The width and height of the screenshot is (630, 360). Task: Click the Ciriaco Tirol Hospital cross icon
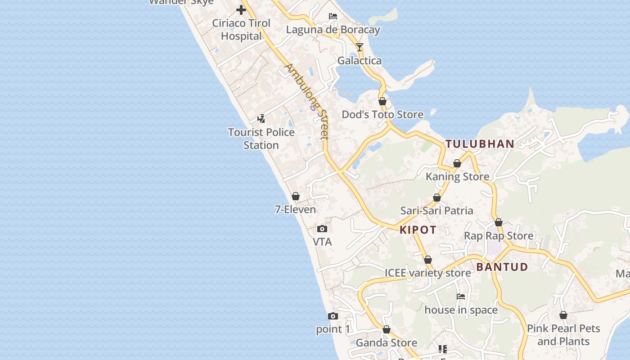[241, 9]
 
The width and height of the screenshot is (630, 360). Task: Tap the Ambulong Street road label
[307, 101]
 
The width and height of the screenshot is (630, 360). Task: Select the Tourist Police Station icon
[261, 119]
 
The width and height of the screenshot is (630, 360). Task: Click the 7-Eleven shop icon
[296, 196]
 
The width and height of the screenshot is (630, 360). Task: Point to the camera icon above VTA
[322, 229]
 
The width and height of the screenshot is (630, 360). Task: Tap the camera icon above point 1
[333, 316]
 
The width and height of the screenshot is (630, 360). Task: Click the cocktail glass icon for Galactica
[359, 47]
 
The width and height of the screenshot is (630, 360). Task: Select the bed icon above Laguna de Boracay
[333, 17]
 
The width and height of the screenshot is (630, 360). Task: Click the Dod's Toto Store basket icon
[382, 101]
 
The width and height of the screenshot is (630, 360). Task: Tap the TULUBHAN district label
[480, 144]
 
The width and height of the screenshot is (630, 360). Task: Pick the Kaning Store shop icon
[457, 163]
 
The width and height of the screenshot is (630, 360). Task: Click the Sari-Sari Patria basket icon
[436, 198]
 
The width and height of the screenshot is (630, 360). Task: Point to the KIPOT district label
[418, 230]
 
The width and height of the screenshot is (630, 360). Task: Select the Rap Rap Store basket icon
[499, 222]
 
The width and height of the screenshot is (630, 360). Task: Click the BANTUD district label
[502, 267]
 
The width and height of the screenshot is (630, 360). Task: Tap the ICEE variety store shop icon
[428, 260]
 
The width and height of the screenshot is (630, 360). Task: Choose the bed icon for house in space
[461, 297]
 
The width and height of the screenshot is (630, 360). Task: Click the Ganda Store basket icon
[387, 330]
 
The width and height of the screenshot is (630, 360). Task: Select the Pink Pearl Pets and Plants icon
[563, 315]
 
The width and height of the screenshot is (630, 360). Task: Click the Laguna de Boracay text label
[333, 30]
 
